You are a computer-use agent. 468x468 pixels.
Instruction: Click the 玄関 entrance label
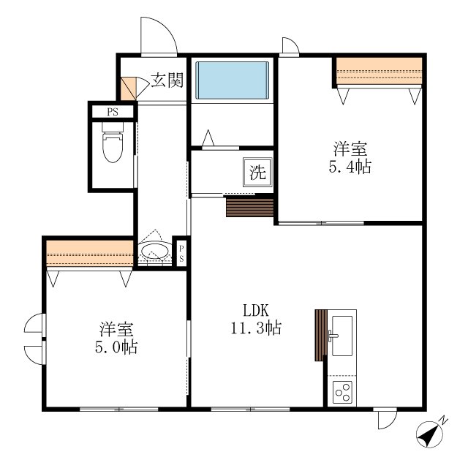pos(167,80)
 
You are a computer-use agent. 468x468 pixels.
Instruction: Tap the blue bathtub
pos(233,80)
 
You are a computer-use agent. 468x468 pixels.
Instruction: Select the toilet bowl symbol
pos(113,143)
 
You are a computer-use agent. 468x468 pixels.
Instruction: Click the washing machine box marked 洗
pos(257,172)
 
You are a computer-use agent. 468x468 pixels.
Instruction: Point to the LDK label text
pos(256,310)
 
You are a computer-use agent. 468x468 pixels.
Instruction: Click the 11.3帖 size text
pos(256,328)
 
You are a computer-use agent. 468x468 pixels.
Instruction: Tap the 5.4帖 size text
pos(350,167)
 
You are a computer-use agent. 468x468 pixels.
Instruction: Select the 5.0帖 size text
pos(116,347)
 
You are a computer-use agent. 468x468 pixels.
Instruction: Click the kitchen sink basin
pos(342,336)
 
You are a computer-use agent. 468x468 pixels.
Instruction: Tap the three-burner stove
pos(342,393)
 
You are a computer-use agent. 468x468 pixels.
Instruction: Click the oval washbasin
pos(154,252)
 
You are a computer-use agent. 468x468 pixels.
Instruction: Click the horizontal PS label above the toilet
pos(113,112)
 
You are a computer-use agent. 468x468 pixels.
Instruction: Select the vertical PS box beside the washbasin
pos(181,254)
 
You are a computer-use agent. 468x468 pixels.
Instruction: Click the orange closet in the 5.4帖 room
pos(379,71)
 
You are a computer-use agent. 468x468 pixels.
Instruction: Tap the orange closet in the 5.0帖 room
pos(89,254)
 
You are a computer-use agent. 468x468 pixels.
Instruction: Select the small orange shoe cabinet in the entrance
pos(128,88)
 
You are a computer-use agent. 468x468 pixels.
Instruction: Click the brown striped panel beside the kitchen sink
pos(321,335)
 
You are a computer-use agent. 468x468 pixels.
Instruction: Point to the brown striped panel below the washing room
pos(250,208)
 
